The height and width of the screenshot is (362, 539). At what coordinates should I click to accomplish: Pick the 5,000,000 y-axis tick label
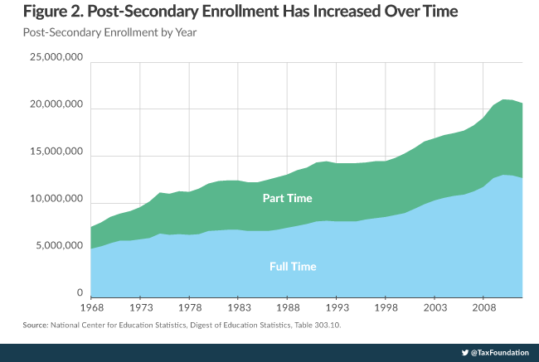(55, 246)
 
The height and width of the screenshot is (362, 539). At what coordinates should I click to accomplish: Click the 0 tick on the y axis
(80, 292)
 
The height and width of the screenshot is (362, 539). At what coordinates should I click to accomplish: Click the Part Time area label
(288, 199)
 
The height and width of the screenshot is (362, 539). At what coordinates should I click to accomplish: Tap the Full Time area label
(293, 266)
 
